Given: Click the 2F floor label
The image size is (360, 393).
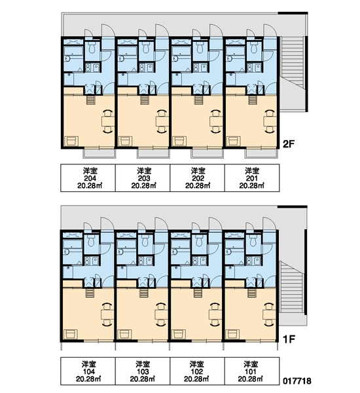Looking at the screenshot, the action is (289, 144).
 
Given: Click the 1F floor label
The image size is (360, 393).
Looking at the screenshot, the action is (289, 339).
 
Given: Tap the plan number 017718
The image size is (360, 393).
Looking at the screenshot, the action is (297, 381).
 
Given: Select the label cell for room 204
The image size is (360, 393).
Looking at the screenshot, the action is (88, 178).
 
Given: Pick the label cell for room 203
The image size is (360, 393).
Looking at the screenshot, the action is (143, 178).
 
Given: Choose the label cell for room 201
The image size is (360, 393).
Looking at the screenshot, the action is (252, 178).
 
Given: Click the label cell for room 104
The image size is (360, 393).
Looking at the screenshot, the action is (88, 371).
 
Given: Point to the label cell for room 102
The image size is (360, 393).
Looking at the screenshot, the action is (198, 371).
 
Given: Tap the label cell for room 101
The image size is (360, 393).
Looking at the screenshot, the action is (252, 371).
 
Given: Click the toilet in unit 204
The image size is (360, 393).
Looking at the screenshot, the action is (92, 47).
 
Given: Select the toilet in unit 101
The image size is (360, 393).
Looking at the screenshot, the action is (254, 240).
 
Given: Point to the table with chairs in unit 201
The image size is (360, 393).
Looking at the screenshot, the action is (270, 121).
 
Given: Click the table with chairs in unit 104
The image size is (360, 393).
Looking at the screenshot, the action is (108, 314).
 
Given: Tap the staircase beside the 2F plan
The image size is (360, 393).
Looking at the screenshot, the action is (292, 74).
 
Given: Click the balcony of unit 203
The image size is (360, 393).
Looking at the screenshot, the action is (154, 153).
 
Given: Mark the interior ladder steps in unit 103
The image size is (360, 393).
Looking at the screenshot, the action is (143, 293).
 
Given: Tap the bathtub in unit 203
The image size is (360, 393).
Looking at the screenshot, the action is (127, 51).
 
